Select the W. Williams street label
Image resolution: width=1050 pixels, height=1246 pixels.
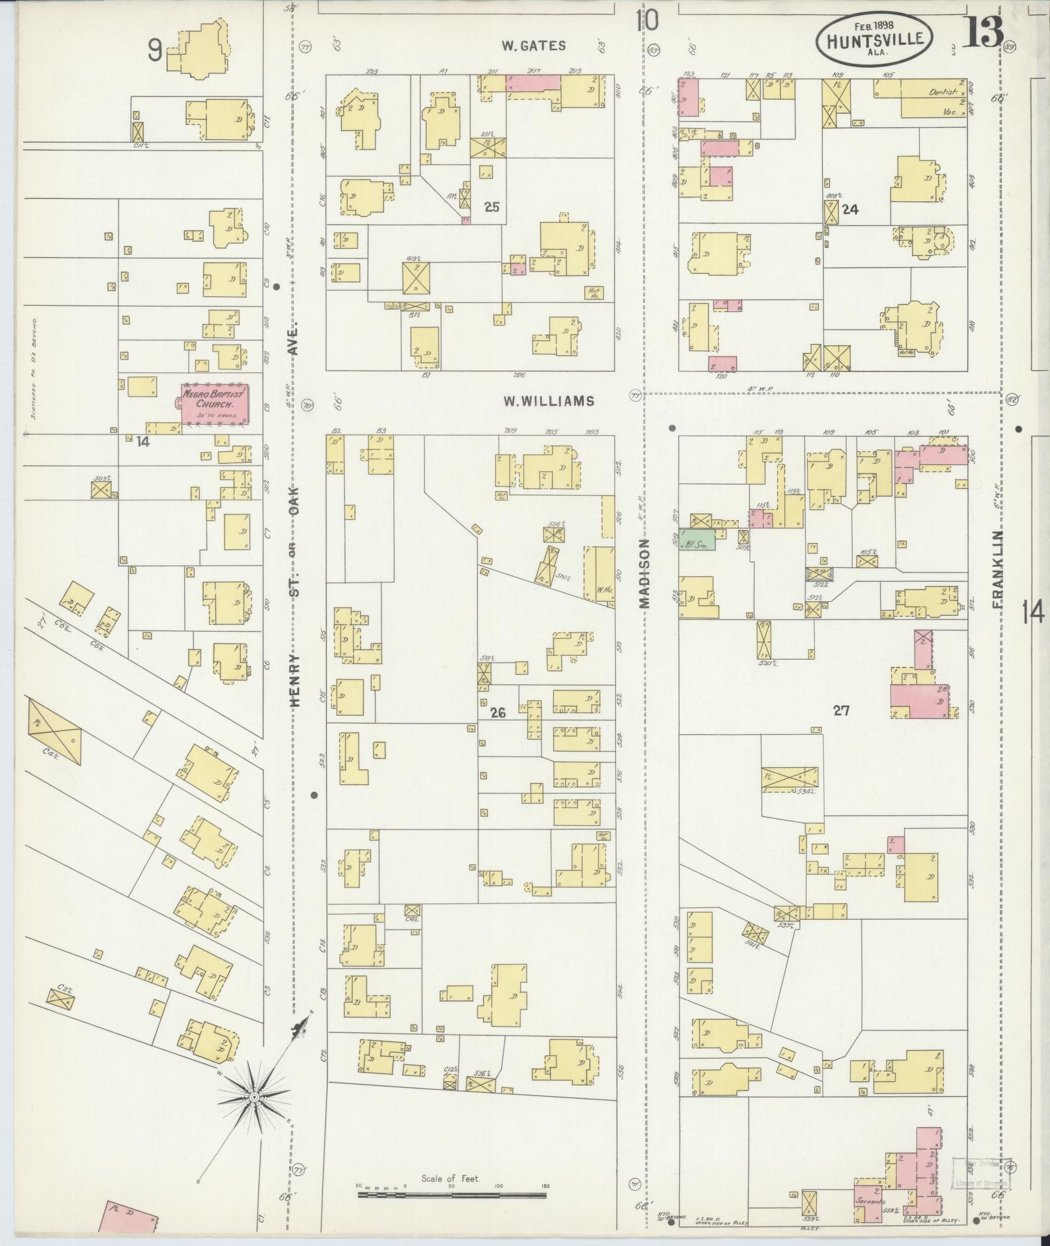[548, 401]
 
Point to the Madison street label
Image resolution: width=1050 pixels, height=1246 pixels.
[645, 573]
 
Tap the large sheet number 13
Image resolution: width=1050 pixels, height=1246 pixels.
[983, 33]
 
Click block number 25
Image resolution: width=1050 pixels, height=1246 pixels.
[492, 207]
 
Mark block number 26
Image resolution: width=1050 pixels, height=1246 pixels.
[498, 713]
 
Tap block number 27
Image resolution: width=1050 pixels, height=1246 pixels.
[841, 711]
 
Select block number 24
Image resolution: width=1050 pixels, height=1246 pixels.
[850, 210]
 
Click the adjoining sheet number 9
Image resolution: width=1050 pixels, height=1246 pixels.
[154, 50]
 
